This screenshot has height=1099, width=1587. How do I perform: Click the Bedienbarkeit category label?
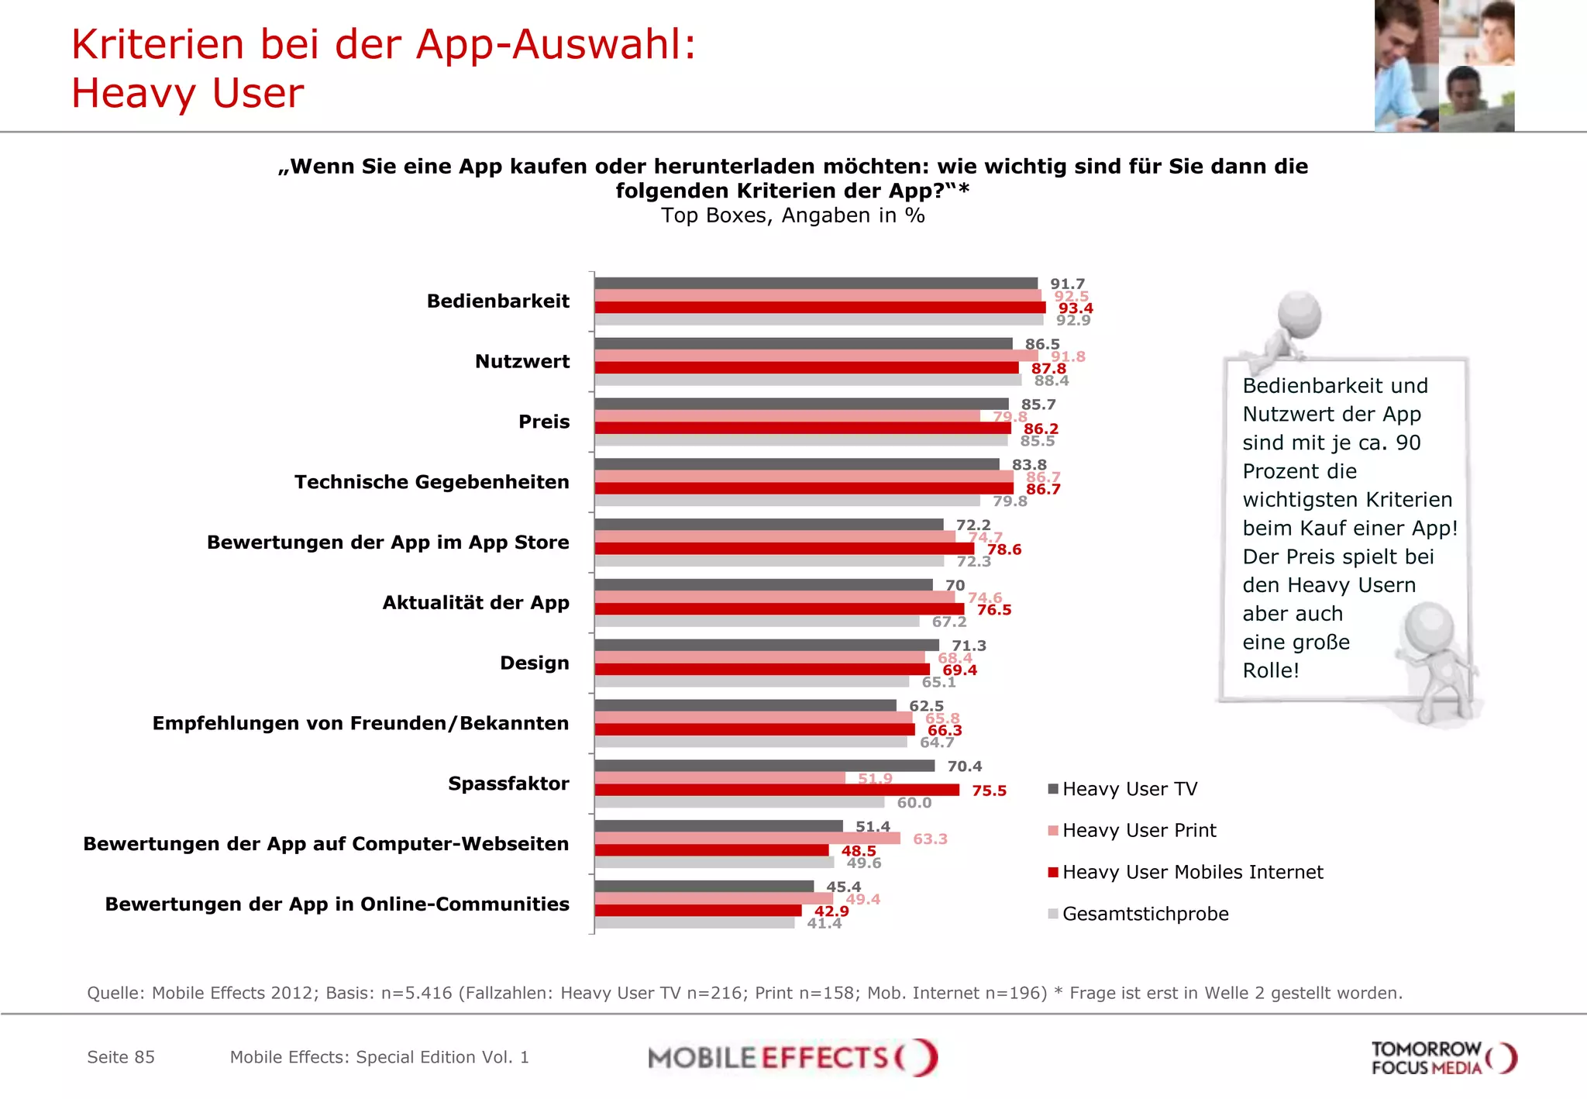tap(497, 301)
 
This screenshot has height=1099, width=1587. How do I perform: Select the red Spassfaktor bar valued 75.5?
tap(776, 790)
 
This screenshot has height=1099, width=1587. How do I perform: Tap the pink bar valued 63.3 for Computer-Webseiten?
tap(747, 838)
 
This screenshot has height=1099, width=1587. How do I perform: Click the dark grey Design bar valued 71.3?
tap(766, 645)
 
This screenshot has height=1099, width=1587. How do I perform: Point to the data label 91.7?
tap(1067, 284)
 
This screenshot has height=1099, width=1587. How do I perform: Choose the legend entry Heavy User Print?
tap(1138, 830)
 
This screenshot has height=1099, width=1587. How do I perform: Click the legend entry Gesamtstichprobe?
tap(1145, 914)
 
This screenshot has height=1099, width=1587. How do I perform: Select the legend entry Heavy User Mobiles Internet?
tap(1192, 872)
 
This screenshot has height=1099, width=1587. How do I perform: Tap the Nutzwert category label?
tap(522, 361)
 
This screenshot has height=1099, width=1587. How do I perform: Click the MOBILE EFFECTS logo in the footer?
tap(793, 1057)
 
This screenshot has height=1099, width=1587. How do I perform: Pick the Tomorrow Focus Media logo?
tap(1443, 1058)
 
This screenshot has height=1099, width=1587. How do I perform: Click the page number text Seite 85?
tap(121, 1057)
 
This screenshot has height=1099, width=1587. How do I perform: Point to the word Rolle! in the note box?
tap(1270, 670)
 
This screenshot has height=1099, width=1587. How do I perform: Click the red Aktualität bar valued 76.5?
tap(779, 609)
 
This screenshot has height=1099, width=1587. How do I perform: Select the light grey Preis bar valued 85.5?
tap(800, 440)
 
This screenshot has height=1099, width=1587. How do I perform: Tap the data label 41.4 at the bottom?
tap(824, 923)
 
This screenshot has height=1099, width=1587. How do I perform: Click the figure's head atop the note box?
tap(1300, 314)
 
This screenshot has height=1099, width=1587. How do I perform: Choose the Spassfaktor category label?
tap(508, 784)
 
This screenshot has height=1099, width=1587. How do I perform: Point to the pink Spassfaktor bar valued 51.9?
tap(719, 777)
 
